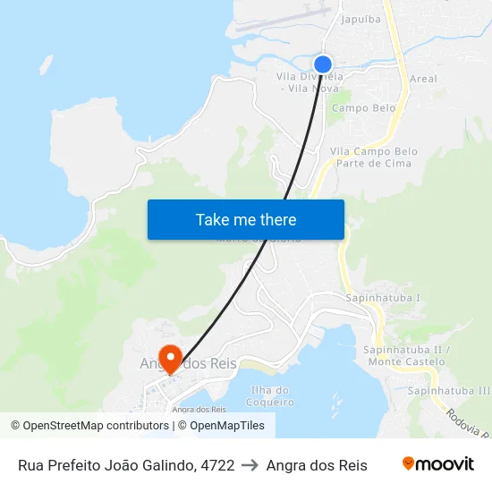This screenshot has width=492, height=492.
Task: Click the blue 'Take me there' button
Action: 246,219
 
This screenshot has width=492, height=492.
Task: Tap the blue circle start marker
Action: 323,64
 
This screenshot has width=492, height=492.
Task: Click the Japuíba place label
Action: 361,18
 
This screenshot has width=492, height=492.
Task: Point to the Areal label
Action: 423,79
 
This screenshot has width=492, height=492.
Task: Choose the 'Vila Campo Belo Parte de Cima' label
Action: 373,157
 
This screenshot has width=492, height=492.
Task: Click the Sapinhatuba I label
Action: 383,297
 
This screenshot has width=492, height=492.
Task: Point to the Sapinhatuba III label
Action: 449,391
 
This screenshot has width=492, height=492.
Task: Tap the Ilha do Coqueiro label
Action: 270,395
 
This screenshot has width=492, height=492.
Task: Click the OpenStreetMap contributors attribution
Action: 89,426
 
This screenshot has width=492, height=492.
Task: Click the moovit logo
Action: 438,464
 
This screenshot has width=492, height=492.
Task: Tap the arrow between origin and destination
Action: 250,465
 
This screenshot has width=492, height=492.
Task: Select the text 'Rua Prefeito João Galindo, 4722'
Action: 126,465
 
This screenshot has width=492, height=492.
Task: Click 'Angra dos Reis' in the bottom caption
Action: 317,465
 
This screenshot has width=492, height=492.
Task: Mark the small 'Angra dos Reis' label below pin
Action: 198,410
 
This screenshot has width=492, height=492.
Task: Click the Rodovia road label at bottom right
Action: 466,420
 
